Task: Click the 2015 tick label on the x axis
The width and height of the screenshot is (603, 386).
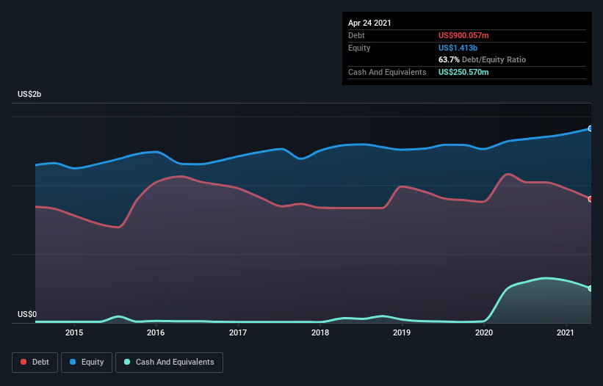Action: [x=74, y=332]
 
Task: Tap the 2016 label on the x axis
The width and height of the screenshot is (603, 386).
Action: [x=156, y=332]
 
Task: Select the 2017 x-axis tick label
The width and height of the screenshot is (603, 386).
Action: [x=238, y=332]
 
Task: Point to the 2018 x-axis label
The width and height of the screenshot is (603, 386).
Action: [x=320, y=332]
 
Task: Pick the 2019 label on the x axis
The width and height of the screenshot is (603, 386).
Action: [x=402, y=332]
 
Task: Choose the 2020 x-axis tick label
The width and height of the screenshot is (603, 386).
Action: [x=484, y=332]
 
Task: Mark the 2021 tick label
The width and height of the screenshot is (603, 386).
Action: [x=566, y=332]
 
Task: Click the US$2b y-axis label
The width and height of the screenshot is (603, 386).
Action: [x=29, y=94]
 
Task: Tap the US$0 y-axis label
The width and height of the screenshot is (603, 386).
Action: [x=27, y=314]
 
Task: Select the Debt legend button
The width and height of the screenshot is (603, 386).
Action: [x=35, y=363]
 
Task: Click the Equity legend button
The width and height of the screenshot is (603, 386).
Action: [x=87, y=363]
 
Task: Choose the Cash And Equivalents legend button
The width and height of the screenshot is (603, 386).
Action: [x=169, y=363]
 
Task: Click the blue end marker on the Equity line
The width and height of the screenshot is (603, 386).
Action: [x=591, y=128]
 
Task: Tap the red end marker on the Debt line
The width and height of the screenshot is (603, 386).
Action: [x=591, y=199]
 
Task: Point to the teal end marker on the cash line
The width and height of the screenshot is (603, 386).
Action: [x=591, y=288]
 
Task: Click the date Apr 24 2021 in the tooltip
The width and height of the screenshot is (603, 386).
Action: [x=369, y=23]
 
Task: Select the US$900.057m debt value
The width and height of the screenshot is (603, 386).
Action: [x=463, y=35]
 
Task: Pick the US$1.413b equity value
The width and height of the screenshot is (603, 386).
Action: [x=458, y=48]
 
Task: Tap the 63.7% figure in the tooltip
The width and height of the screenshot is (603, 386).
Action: [x=449, y=59]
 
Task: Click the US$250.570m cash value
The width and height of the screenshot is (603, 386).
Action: [x=463, y=72]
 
